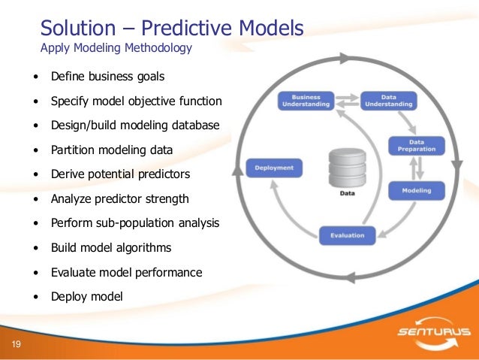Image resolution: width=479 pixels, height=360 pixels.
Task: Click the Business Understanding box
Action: (307, 100)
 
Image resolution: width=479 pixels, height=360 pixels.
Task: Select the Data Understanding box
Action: (389, 100)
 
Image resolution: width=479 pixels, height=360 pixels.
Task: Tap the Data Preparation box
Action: (416, 145)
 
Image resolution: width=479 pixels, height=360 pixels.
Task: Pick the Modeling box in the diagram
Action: (417, 190)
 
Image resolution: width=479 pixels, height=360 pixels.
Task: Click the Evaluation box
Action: (347, 235)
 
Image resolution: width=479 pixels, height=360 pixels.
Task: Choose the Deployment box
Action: (275, 167)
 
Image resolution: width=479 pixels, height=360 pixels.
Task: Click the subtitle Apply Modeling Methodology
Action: (116, 49)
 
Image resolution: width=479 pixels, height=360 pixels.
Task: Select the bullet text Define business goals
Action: (107, 77)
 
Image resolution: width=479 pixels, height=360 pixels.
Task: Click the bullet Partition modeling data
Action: (111, 150)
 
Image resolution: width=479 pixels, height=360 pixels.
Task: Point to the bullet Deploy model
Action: (86, 296)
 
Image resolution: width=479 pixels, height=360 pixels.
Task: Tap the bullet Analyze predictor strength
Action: (119, 198)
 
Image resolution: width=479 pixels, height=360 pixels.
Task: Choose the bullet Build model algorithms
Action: (110, 247)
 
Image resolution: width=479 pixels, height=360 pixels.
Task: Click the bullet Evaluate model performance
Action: (126, 272)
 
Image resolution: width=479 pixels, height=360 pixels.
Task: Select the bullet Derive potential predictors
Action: (120, 174)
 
